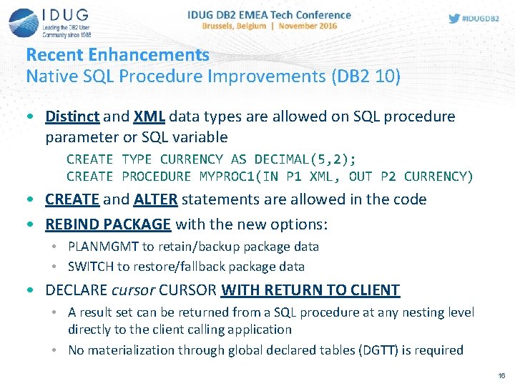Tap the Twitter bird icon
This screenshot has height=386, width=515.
(x=454, y=19)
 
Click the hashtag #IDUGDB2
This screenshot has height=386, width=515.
(x=481, y=19)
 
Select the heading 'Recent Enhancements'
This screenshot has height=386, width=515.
(x=117, y=55)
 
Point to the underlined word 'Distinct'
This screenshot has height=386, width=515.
(x=74, y=117)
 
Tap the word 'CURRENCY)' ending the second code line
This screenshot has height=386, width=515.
(x=438, y=176)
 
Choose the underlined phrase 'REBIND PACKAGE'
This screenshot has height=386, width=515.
(x=108, y=224)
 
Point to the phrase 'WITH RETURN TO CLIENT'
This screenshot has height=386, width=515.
(x=310, y=290)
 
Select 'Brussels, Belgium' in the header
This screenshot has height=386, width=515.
(x=230, y=26)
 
